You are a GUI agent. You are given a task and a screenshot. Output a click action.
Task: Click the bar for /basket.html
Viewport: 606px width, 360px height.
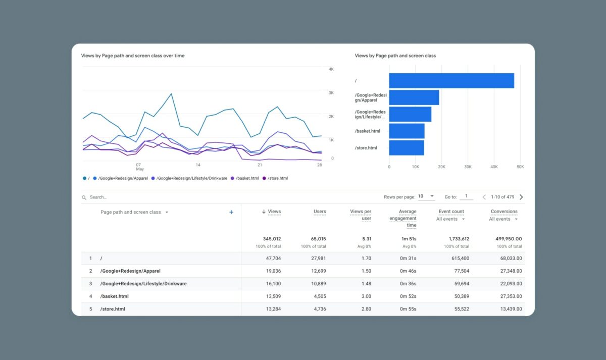(x=407, y=131)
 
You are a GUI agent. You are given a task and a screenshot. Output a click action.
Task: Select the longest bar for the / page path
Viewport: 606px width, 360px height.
(x=451, y=81)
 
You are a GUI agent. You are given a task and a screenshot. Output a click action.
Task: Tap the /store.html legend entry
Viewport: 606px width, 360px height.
(x=277, y=178)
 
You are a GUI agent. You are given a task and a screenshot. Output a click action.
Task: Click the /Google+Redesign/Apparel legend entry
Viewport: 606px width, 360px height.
(x=123, y=178)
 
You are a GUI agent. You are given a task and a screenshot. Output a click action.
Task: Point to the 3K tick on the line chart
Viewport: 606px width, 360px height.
(x=331, y=93)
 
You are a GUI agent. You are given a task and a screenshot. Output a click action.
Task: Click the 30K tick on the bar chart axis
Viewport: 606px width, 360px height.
(x=468, y=167)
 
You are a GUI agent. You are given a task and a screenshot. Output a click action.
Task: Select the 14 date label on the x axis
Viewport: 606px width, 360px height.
(x=198, y=165)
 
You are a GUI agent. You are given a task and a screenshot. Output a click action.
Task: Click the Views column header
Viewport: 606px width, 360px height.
(x=274, y=212)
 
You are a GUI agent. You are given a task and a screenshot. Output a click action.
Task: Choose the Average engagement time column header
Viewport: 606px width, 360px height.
(x=402, y=218)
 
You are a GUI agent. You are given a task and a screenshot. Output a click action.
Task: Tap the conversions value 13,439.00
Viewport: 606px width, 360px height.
(x=509, y=309)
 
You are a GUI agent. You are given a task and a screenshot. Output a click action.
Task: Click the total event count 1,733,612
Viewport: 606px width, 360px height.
(x=458, y=239)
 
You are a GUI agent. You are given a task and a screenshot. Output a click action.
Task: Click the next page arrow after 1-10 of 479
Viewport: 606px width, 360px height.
(x=521, y=197)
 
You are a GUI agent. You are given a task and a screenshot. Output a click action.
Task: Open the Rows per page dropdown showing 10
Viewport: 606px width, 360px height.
(x=426, y=196)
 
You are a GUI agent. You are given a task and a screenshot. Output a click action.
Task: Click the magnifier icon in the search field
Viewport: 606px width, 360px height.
(x=84, y=197)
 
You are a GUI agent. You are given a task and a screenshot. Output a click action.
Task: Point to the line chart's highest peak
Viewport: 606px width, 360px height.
(x=172, y=93)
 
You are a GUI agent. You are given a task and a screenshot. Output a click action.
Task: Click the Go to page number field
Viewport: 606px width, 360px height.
(x=466, y=196)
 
